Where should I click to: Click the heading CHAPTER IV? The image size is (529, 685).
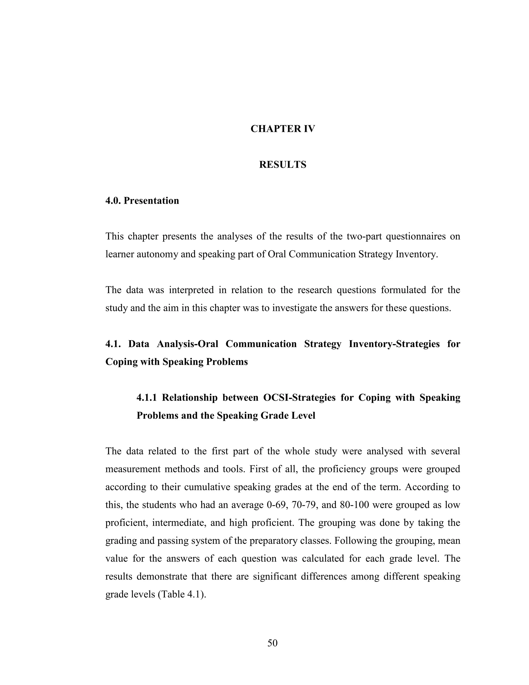(283, 129)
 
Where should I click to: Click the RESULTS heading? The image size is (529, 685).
(283, 165)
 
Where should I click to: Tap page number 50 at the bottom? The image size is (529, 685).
(272, 643)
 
